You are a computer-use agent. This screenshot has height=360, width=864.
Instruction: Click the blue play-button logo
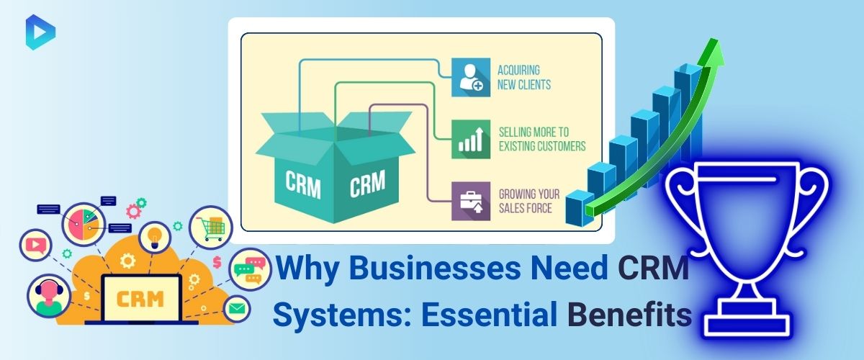40,32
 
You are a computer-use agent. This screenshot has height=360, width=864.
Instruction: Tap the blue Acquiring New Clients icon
471,77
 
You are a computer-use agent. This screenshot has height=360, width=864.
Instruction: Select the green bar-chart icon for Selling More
471,139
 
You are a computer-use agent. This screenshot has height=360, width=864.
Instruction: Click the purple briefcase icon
471,201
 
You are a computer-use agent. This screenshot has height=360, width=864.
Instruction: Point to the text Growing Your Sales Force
528,201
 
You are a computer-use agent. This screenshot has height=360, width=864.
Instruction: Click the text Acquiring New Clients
524,78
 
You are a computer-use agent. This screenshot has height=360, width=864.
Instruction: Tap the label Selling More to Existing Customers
542,139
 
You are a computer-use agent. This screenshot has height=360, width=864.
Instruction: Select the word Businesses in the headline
435,267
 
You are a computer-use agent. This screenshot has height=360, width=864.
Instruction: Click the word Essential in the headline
489,315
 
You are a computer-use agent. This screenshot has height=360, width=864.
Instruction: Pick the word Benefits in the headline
629,315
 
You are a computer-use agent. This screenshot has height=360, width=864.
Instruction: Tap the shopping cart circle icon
210,228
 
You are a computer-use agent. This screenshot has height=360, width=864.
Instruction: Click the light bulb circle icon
155,237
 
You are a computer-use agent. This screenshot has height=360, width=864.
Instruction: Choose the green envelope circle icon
237,309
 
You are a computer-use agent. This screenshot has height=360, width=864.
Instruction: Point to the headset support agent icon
49,296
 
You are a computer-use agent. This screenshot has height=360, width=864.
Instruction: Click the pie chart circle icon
84,225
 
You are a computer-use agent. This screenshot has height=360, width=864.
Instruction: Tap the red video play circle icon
35,245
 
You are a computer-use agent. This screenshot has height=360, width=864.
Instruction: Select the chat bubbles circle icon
250,269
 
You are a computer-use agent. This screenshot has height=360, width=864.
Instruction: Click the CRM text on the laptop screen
140,299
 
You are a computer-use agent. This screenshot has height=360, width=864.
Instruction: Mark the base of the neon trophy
747,318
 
